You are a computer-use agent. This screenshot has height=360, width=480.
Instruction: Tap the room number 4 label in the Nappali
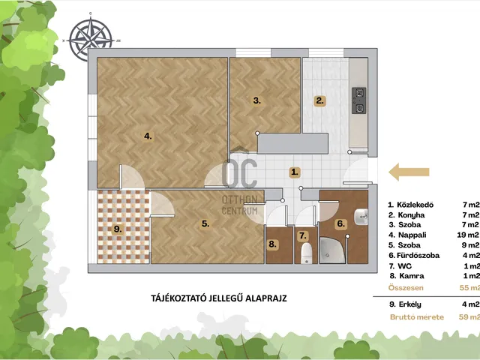pos(148,136)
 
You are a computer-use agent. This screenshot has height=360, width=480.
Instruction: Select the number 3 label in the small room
pos(256,100)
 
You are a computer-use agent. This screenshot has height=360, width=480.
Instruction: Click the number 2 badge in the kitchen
pos(320,100)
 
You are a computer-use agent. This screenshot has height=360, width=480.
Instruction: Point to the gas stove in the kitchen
pos(358,100)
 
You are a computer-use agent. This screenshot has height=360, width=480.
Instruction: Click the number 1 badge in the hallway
pos(295,172)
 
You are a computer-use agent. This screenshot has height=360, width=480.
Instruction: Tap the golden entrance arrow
pos(409,172)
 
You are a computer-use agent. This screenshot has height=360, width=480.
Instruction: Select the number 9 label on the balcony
pos(118,229)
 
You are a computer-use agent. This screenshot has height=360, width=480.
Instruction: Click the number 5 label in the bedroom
pos(205,223)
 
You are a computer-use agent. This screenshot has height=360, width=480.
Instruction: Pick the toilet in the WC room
pos(306,253)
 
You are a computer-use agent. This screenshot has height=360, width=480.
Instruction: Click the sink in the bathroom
pos(361,217)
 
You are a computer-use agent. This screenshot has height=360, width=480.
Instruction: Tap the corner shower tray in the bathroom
pos(332,250)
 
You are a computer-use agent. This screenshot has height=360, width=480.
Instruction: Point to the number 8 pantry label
pos(272,244)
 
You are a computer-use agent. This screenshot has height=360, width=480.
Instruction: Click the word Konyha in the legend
pos(411,215)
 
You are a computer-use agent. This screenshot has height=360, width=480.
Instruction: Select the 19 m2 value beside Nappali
pos(468,235)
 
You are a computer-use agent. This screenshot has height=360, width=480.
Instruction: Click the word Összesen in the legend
pos(406,288)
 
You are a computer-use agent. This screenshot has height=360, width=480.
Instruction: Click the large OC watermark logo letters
pos(240,173)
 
